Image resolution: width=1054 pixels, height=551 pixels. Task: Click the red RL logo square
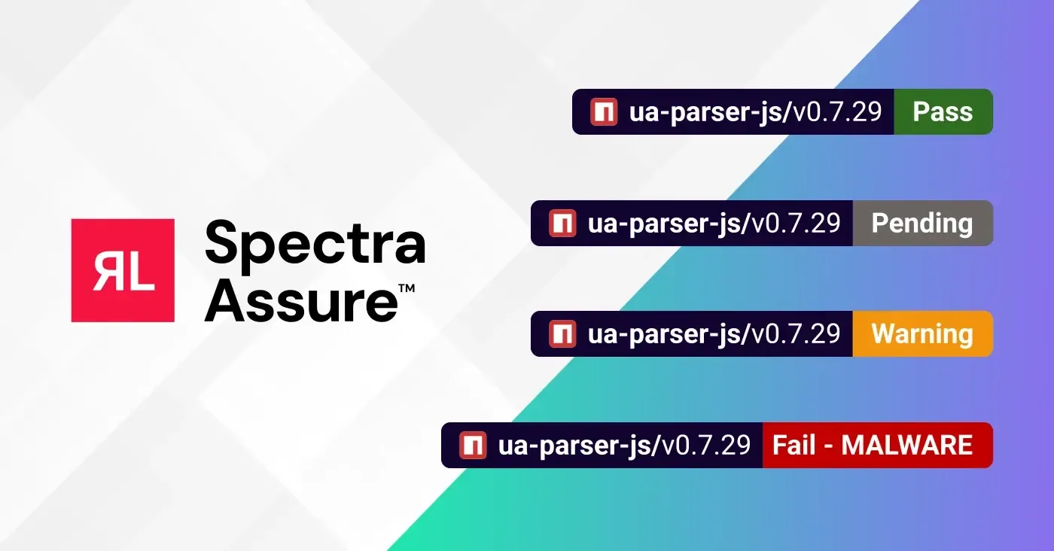click(123, 270)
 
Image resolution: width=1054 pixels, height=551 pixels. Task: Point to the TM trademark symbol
click(407, 288)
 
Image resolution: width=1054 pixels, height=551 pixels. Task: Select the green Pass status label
click(943, 112)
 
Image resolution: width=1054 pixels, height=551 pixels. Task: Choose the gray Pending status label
click(921, 224)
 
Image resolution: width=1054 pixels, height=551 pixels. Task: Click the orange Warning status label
click(921, 334)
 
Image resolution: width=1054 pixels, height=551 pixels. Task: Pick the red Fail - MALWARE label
click(876, 446)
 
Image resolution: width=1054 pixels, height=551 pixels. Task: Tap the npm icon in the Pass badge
click(604, 112)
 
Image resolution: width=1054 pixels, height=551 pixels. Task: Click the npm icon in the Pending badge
click(562, 224)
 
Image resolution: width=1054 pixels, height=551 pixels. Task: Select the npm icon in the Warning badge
click(562, 334)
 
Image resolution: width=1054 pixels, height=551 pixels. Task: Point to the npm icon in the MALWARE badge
click(473, 446)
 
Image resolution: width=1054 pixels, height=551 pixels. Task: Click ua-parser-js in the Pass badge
click(706, 112)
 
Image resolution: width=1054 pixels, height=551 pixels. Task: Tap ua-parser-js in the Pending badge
click(665, 224)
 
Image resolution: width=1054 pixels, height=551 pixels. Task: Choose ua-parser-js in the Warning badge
click(665, 334)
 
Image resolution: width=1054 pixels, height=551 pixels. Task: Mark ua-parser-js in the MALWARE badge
click(575, 446)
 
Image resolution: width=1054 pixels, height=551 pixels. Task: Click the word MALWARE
click(906, 446)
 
